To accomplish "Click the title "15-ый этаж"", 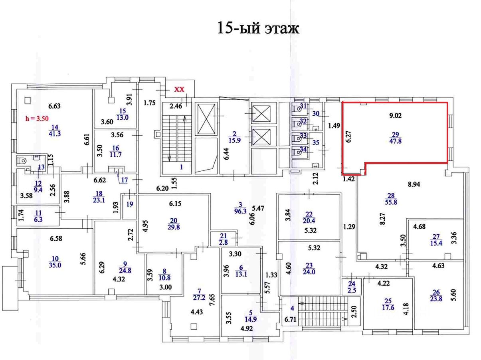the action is [257, 28].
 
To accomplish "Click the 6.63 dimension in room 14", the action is [54, 106].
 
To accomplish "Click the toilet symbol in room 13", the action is [23, 161].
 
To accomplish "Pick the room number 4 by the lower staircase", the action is [292, 308].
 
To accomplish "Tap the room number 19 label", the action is [129, 203].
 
